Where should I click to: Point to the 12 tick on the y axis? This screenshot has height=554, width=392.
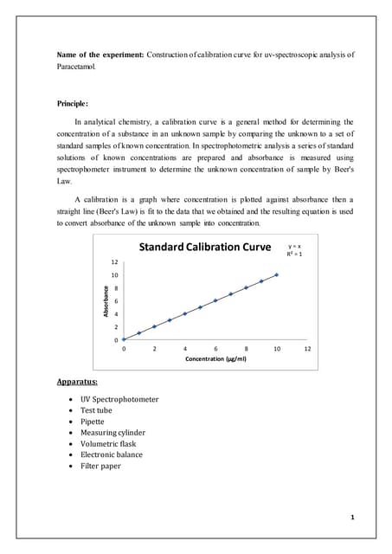(x=114, y=261)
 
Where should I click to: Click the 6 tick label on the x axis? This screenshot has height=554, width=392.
(x=215, y=348)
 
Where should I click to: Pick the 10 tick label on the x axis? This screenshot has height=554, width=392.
(x=276, y=348)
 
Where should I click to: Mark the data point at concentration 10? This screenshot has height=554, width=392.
(x=277, y=274)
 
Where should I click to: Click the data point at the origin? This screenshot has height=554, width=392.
(x=124, y=339)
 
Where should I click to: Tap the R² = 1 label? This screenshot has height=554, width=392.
(x=294, y=255)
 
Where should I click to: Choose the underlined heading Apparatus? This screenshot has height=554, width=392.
(x=77, y=381)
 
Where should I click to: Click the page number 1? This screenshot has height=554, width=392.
(x=353, y=517)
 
